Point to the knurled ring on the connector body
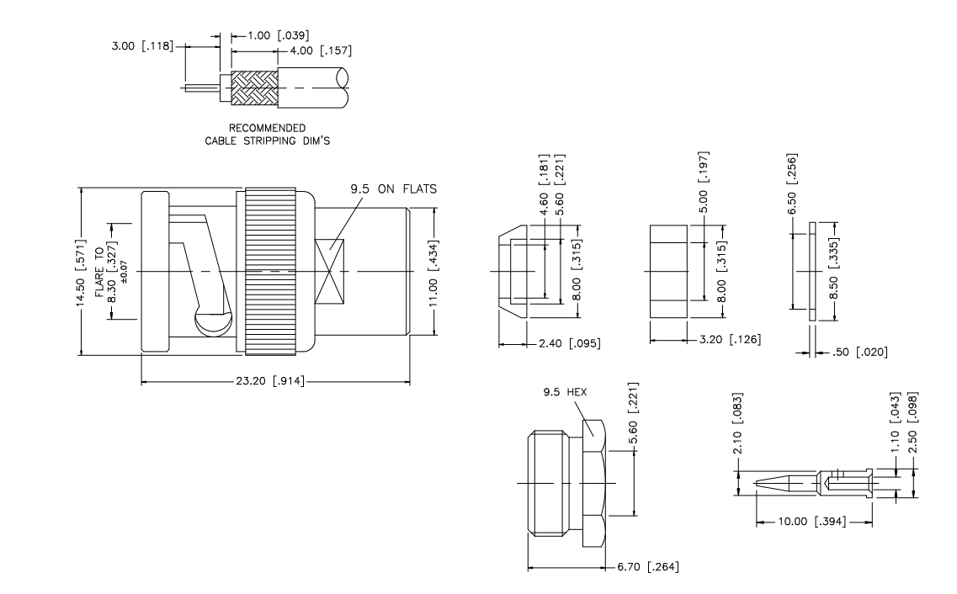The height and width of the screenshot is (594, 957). tap(270, 272)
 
